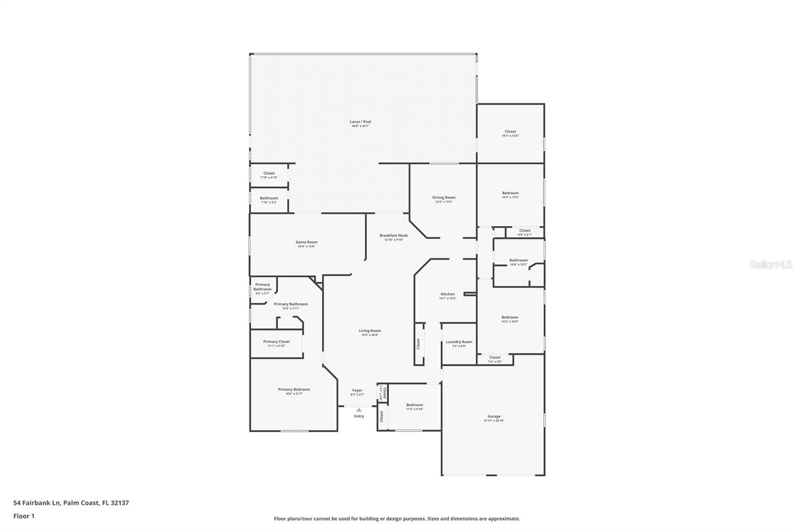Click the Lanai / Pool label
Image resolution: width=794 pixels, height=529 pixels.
pyautogui.click(x=360, y=122)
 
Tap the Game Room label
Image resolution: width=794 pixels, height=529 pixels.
pyautogui.click(x=306, y=242)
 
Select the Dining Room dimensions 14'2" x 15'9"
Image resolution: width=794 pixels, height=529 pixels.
pyautogui.click(x=444, y=202)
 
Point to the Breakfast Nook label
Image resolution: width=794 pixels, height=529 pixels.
pyautogui.click(x=394, y=235)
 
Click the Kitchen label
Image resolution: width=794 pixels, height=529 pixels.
pyautogui.click(x=447, y=294)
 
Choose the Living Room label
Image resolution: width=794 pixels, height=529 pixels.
pyautogui.click(x=370, y=331)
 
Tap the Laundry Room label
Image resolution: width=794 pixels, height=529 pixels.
pyautogui.click(x=459, y=341)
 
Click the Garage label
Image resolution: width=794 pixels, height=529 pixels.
pyautogui.click(x=494, y=416)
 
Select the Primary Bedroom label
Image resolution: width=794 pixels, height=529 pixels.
pyautogui.click(x=294, y=389)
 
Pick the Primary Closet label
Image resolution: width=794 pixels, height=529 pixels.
pyautogui.click(x=276, y=341)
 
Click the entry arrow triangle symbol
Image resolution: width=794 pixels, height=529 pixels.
pyautogui.click(x=359, y=410)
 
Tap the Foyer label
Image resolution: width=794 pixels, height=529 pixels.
pyautogui.click(x=357, y=390)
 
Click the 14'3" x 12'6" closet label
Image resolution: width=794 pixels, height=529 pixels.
pyautogui.click(x=510, y=132)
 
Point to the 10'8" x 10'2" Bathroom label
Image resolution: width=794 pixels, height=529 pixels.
pyautogui.click(x=519, y=260)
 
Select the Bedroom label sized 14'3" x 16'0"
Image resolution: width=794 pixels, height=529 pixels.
pyautogui.click(x=510, y=317)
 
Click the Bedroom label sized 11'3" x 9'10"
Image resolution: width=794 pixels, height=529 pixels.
pyautogui.click(x=414, y=405)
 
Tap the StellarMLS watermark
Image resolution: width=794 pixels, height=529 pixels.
pyautogui.click(x=770, y=265)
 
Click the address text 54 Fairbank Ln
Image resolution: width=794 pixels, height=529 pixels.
pyautogui.click(x=37, y=503)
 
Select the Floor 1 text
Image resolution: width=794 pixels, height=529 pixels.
pyautogui.click(x=24, y=516)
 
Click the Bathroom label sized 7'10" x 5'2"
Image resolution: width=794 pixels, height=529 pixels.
pyautogui.click(x=269, y=198)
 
